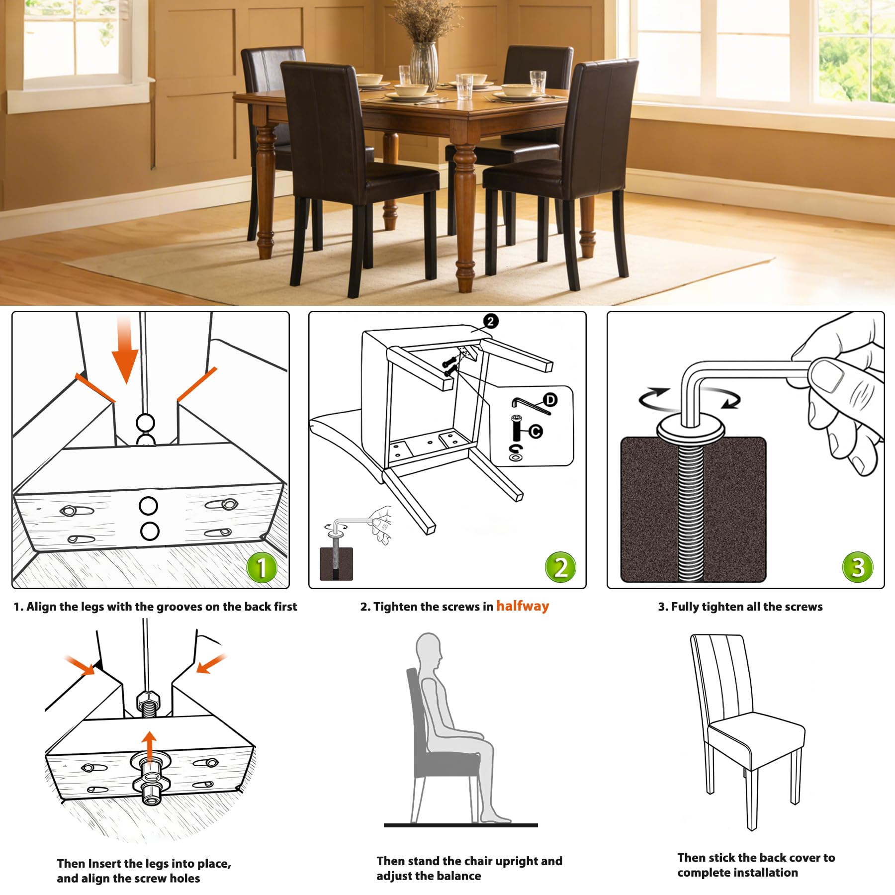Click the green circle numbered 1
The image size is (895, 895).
[x=262, y=567]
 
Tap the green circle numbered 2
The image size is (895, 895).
[x=560, y=567]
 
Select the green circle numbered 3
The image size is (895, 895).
[x=857, y=567]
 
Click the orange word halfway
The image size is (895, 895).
[x=523, y=606]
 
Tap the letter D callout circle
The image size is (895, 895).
[x=550, y=400]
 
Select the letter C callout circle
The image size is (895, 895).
[x=535, y=431]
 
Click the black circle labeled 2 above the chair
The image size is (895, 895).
[x=490, y=321]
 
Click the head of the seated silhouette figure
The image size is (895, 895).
[x=429, y=648]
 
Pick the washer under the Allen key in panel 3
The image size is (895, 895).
[x=690, y=428]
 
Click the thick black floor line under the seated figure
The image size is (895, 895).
[x=460, y=825]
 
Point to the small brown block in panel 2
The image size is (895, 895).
[x=336, y=564]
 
